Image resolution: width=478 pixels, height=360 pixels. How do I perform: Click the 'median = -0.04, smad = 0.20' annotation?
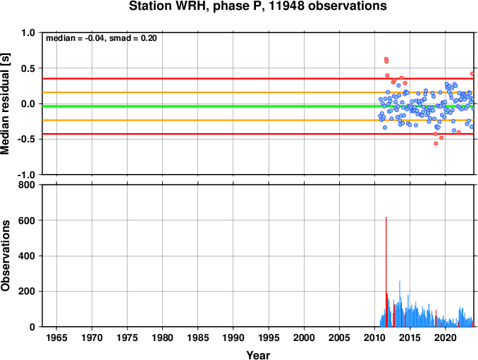[x=102, y=38]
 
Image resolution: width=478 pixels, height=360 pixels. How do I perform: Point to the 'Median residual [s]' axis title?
[x=5, y=104]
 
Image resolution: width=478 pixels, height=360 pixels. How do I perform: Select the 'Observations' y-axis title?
[x=5, y=256]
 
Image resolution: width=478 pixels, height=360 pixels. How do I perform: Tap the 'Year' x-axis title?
[x=258, y=355]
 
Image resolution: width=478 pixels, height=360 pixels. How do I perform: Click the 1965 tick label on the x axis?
[x=56, y=337]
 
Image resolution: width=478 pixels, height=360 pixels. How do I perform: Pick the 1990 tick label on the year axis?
[x=233, y=337]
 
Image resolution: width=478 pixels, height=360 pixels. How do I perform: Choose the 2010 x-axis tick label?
[x=374, y=337]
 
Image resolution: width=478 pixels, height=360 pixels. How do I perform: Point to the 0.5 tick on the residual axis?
[x=27, y=68]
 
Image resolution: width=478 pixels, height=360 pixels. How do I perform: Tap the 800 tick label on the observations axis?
[x=27, y=185]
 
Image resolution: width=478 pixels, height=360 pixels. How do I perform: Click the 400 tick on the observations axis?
[x=27, y=256]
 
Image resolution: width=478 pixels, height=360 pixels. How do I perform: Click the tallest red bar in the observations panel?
[x=386, y=272]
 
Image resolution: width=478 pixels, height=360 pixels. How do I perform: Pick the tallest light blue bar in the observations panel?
[x=400, y=304]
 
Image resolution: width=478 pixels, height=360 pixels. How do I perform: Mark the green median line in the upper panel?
[x=258, y=106]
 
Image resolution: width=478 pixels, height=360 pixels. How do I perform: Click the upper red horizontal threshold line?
[x=258, y=79]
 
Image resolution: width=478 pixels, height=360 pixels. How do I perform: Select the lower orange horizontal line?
[x=258, y=120]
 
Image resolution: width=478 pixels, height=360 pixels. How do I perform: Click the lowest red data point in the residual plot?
[x=436, y=144]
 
